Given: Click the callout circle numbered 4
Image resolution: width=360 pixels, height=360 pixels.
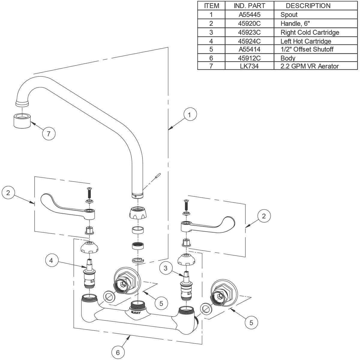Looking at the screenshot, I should pos(51,261).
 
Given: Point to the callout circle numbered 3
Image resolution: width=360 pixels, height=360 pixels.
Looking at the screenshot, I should pos(166,268).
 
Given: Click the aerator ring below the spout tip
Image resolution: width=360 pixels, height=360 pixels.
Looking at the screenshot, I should pos(22,121).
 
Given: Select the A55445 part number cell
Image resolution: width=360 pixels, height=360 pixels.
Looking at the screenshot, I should pos(249,14).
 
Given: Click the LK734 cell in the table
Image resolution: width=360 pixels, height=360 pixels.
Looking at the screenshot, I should pos(249,66).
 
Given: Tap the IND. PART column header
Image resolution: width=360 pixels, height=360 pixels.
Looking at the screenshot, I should pos(249,6).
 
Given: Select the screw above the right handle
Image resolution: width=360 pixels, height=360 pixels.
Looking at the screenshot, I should pos(186,205).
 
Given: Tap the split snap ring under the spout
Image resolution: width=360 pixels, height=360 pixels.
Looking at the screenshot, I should pos(137,259).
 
